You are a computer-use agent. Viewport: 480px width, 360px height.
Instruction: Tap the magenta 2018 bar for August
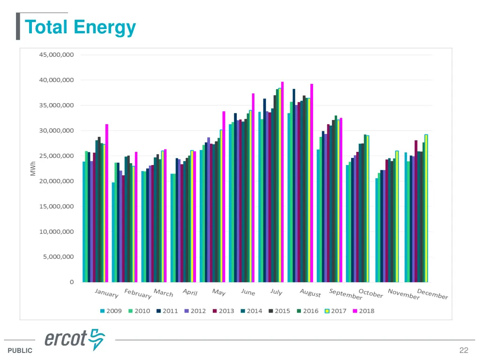click(x=311, y=183)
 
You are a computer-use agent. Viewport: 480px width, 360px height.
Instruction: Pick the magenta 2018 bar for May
click(x=224, y=196)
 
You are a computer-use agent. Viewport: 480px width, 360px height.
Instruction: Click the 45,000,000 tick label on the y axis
click(x=56, y=55)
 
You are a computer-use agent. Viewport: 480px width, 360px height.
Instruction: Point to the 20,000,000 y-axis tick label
click(x=56, y=181)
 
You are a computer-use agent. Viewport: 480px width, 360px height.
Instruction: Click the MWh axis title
click(x=33, y=169)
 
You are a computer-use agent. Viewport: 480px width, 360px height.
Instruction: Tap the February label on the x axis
click(x=138, y=294)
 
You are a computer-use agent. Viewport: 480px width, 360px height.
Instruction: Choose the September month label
click(x=345, y=294)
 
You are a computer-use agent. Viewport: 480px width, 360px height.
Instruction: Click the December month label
click(x=432, y=294)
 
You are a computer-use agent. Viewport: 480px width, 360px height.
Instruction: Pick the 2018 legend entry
click(x=363, y=311)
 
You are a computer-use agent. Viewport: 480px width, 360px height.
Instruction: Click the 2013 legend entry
click(x=223, y=311)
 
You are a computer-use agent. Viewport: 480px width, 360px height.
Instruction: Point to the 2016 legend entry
click(x=307, y=311)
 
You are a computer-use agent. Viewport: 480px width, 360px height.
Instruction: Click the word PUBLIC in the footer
click(x=20, y=351)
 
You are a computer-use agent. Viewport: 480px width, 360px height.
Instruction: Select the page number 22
click(x=464, y=350)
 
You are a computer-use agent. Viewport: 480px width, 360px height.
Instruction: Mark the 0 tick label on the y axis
click(x=72, y=282)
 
